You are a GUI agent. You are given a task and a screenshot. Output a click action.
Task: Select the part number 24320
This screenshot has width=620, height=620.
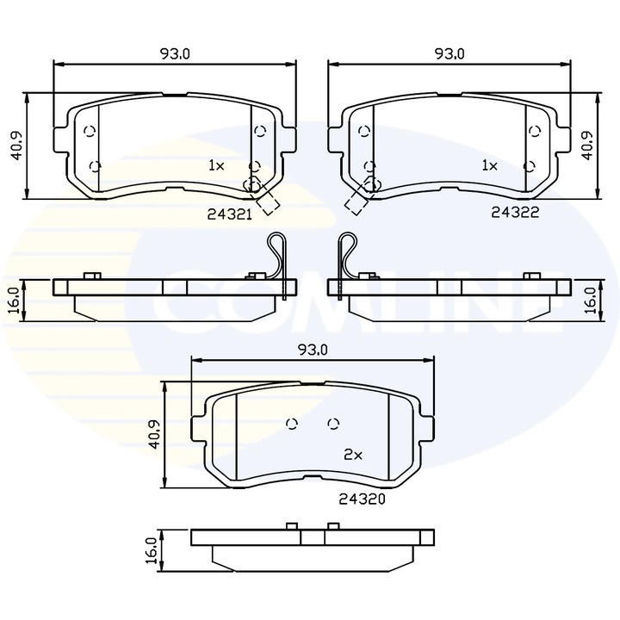pyautogui.click(x=361, y=498)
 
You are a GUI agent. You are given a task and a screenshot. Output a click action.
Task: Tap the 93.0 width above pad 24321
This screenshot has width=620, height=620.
pyautogui.click(x=174, y=53)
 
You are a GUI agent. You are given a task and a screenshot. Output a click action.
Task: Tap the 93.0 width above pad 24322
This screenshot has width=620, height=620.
pyautogui.click(x=449, y=53)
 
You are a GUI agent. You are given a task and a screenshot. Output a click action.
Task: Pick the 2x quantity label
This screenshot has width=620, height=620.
pyautogui.click(x=352, y=453)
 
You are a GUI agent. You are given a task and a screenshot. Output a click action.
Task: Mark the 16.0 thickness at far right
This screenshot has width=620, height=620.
pyautogui.click(x=591, y=301)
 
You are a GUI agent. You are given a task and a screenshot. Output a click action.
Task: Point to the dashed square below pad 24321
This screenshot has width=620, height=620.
pyautogui.click(x=270, y=202)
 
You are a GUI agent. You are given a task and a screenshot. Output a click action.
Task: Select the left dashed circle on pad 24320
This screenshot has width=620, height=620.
pyautogui.click(x=291, y=423)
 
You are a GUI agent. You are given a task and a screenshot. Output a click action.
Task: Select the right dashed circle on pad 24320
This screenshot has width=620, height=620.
pyautogui.click(x=334, y=423)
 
